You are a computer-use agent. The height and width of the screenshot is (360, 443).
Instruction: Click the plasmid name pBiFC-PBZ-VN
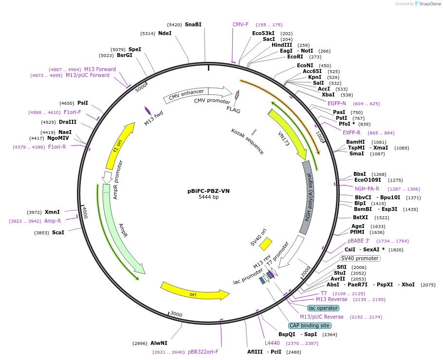[208, 191]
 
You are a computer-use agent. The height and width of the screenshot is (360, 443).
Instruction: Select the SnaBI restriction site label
[193, 24]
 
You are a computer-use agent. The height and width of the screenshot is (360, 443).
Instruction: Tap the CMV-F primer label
[240, 24]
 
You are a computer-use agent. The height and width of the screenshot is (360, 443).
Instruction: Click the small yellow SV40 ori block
[266, 243]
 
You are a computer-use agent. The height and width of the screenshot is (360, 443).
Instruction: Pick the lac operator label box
[323, 308]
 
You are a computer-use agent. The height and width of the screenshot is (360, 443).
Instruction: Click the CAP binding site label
[310, 325]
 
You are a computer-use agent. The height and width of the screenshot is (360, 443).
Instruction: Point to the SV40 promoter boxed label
[360, 258]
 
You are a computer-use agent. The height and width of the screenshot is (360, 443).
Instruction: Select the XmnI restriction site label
[52, 212]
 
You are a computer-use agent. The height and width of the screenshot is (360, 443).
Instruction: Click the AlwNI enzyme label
[159, 343]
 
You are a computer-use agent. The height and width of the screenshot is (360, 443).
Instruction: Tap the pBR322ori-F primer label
[203, 352]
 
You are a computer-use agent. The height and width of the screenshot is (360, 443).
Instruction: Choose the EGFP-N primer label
[337, 103]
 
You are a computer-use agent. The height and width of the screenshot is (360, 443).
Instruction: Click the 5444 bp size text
[208, 197]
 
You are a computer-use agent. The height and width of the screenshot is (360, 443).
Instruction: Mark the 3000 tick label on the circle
[176, 315]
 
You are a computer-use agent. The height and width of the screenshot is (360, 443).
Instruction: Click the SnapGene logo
[426, 4]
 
